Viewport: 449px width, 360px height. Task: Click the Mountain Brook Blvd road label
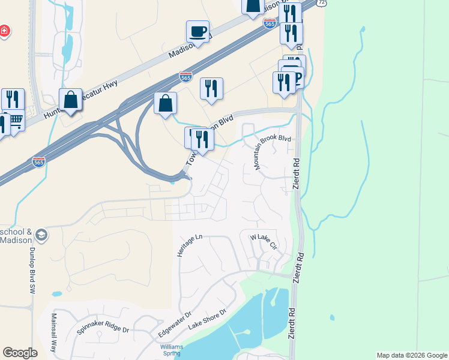[273, 152]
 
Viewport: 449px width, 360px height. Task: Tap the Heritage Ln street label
[190, 246]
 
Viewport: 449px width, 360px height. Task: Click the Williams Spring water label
[171, 350]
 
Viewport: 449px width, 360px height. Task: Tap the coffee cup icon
[198, 31]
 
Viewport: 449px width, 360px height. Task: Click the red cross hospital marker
[4, 31]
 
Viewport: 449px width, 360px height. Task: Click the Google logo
[20, 353]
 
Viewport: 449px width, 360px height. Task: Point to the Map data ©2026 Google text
[412, 355]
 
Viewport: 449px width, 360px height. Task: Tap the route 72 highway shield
[322, 3]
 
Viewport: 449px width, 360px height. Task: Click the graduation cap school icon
[41, 235]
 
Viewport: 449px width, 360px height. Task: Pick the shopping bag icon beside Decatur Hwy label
[71, 100]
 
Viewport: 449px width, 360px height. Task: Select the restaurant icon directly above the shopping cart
[13, 98]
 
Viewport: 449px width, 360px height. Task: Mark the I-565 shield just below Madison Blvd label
[185, 77]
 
